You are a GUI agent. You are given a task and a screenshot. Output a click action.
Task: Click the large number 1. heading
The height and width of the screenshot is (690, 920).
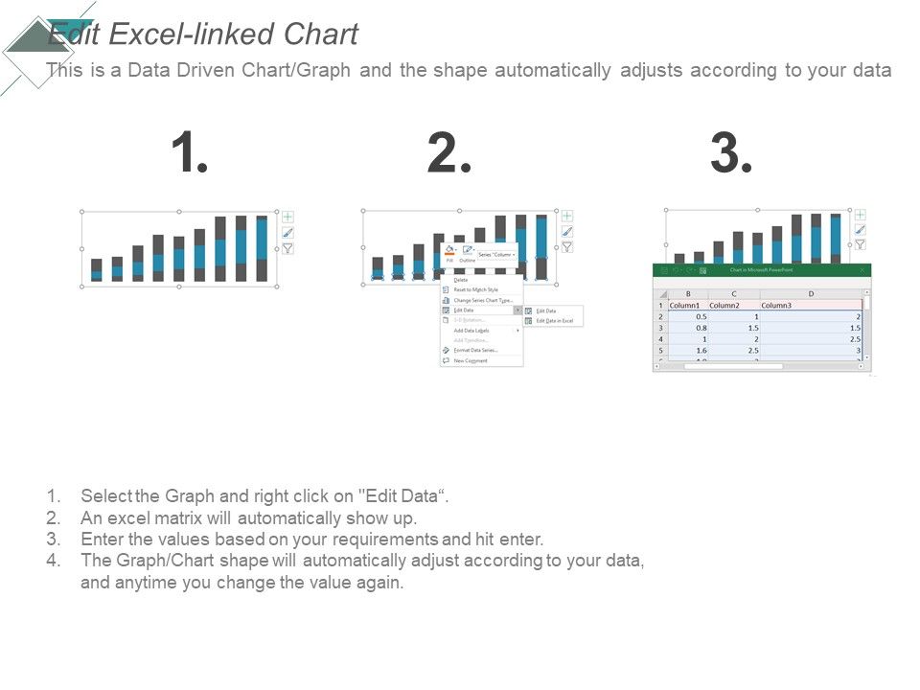coord(190,154)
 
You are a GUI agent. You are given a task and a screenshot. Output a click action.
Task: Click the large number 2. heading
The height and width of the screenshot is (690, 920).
coord(449,154)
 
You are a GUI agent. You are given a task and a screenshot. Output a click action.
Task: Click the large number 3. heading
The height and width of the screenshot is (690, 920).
coord(732,154)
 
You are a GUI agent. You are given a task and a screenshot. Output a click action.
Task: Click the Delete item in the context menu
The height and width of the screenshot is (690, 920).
coord(461,280)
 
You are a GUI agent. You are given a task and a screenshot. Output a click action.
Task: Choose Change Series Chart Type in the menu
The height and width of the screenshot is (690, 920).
coord(483,300)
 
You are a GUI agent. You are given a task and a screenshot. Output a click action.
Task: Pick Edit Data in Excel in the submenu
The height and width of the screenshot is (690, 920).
coord(554,320)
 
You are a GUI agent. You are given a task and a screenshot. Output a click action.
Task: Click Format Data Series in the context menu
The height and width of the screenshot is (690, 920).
coord(475,350)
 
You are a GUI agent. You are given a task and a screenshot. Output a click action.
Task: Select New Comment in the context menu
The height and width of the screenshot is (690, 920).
coord(471,360)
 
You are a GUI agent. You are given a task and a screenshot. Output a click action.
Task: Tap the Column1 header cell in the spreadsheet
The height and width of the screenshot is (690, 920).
coord(684,305)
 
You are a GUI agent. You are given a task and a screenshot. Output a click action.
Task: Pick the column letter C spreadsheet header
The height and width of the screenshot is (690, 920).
coord(733,294)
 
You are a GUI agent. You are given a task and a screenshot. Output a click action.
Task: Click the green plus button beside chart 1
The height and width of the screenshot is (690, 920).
coord(287,217)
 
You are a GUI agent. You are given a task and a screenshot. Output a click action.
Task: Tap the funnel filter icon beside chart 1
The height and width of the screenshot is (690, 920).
coord(287,248)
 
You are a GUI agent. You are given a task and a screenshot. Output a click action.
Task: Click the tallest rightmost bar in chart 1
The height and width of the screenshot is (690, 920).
coord(262,249)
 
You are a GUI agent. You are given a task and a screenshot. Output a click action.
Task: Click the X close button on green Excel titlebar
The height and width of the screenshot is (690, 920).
coord(862,271)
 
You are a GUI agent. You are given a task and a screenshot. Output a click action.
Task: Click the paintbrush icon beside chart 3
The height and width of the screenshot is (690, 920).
coord(860,230)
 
